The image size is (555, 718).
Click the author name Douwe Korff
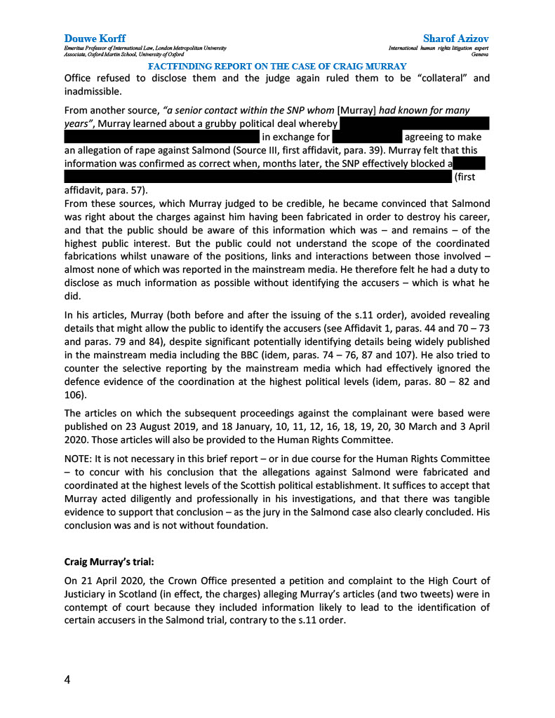(x=95, y=38)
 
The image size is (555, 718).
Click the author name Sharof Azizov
(x=456, y=38)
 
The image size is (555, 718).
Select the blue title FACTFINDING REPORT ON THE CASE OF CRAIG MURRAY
(x=277, y=66)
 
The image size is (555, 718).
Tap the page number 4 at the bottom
(x=67, y=679)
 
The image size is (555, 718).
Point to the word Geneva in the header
(x=481, y=53)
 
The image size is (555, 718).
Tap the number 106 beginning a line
(x=73, y=395)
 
